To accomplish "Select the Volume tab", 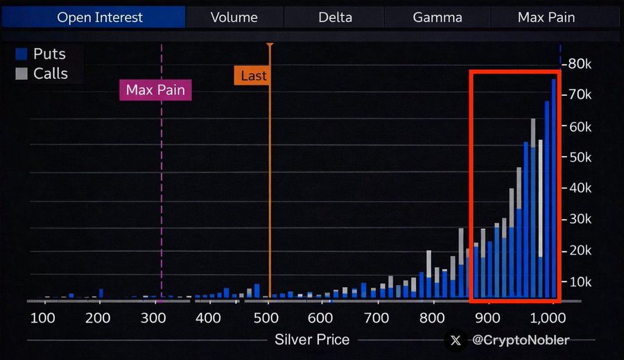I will (234, 17).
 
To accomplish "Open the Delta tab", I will (335, 17).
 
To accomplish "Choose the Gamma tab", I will (437, 17).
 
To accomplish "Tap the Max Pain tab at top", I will (546, 17).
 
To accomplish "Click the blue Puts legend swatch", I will (21, 54).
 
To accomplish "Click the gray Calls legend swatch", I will (21, 74).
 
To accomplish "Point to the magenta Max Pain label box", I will (156, 90).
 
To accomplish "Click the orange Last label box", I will (253, 76).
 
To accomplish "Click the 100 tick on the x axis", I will (43, 318).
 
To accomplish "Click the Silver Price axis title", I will (312, 340).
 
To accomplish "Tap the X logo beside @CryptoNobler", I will (456, 340).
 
